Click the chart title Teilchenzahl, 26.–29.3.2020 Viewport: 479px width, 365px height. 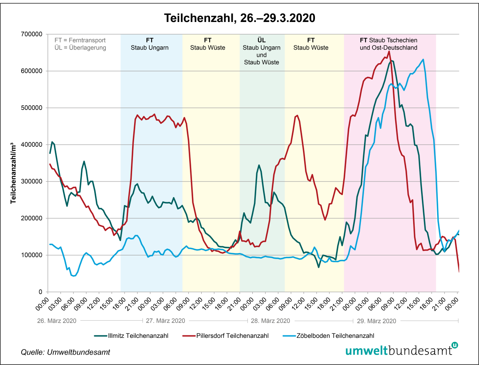pos(239,18)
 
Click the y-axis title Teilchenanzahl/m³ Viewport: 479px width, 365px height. pos(13,163)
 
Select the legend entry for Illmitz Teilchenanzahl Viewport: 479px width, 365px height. pos(132,335)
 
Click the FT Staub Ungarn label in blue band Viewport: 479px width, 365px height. pos(150,44)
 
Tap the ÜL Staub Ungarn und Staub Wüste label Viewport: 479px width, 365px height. pos(261,51)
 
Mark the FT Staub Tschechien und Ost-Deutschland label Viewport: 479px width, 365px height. pos(389,44)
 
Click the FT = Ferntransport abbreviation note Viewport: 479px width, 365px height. pos(80,40)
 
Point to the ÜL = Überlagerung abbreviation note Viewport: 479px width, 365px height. pos(80,48)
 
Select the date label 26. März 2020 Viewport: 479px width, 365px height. pos(57,321)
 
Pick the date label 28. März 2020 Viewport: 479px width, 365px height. pos(270,321)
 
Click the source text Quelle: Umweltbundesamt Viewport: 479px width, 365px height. pos(65,352)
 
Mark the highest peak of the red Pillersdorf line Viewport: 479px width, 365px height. pos(389,51)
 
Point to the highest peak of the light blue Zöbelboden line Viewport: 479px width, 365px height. pos(423,60)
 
